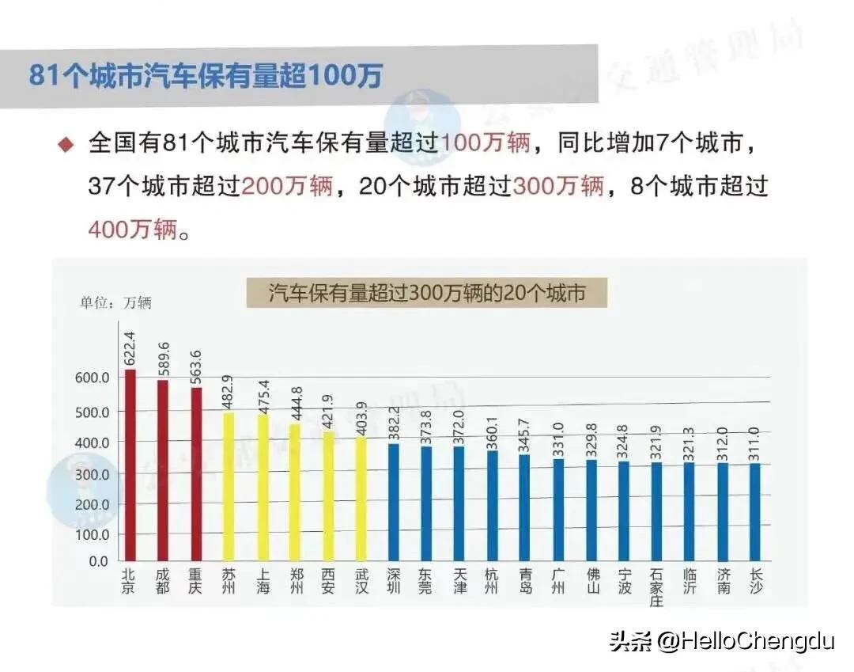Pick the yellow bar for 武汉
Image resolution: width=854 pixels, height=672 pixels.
coord(361,499)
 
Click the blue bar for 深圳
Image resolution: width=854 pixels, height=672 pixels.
coord(394,502)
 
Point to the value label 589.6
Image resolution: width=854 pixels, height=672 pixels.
coord(164,359)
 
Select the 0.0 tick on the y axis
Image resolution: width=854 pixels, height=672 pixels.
coord(98,561)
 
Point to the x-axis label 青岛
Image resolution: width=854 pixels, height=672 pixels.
coord(525,581)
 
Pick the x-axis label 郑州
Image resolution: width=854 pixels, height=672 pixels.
coord(295,581)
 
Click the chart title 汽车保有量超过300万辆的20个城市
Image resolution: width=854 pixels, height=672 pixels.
coord(427,293)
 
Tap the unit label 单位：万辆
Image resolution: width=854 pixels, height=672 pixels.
coord(115,302)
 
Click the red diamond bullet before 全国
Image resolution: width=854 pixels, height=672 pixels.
coord(66,144)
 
